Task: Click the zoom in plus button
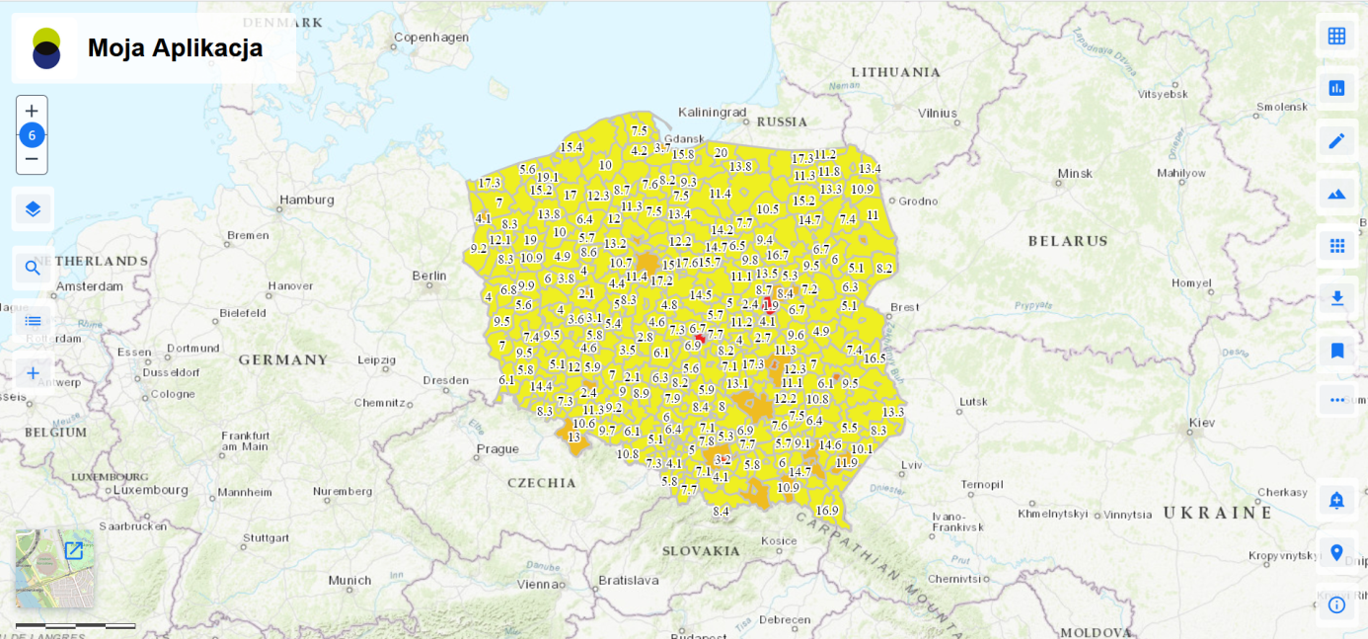pyautogui.click(x=32, y=112)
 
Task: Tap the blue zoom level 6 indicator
pyautogui.click(x=32, y=135)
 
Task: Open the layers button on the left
pyautogui.click(x=33, y=208)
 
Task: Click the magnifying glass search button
pyautogui.click(x=33, y=268)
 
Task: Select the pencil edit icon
pyautogui.click(x=1336, y=141)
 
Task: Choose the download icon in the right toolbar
pyautogui.click(x=1336, y=297)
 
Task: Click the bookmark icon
pyautogui.click(x=1336, y=351)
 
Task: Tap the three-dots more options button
pyautogui.click(x=1336, y=400)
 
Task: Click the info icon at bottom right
pyautogui.click(x=1336, y=604)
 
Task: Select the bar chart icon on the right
pyautogui.click(x=1336, y=88)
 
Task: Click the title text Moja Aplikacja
pyautogui.click(x=175, y=47)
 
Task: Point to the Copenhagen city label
pyautogui.click(x=431, y=38)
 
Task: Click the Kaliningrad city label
pyautogui.click(x=712, y=113)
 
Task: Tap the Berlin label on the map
pyautogui.click(x=429, y=276)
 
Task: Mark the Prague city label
pyautogui.click(x=497, y=448)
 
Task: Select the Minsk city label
pyautogui.click(x=1075, y=174)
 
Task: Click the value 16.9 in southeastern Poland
pyautogui.click(x=827, y=511)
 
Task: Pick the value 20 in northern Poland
pyautogui.click(x=721, y=153)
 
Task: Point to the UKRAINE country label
pyautogui.click(x=1218, y=514)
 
